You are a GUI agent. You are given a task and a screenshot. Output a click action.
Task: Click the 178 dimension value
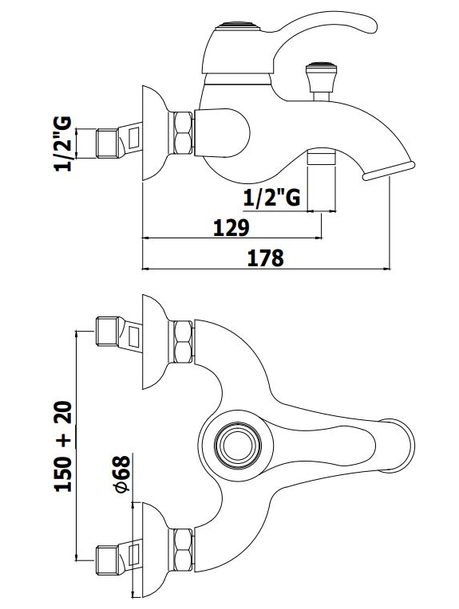(265, 258)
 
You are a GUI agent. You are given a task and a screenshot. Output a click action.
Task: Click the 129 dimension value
(231, 227)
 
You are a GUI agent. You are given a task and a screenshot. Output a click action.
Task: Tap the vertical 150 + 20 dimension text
(63, 446)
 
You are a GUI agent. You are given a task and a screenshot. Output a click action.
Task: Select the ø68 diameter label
(122, 474)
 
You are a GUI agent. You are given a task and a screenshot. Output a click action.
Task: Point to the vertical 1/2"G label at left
(62, 143)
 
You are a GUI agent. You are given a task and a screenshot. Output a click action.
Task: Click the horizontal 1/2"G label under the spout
(271, 198)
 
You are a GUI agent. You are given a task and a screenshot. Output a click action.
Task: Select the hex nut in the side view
(182, 133)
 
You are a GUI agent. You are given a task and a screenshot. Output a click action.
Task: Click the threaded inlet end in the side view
(107, 144)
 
